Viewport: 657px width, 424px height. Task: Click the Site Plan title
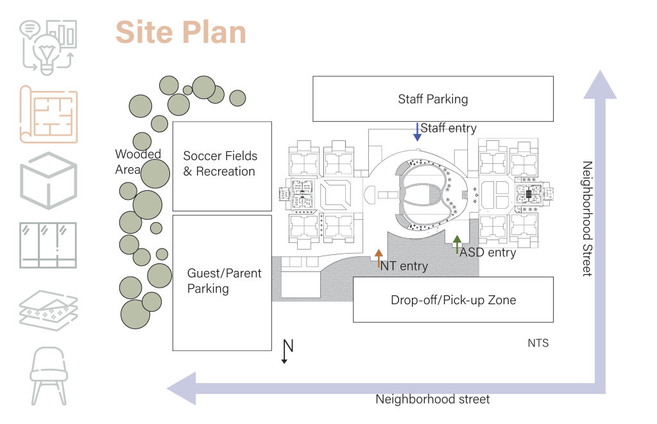[x=181, y=33]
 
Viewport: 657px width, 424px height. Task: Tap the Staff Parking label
[x=433, y=99]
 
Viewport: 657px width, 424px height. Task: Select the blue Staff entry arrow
[x=417, y=132]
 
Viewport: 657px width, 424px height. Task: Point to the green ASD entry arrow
[x=457, y=245]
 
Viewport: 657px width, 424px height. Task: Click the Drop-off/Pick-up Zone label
[x=453, y=300]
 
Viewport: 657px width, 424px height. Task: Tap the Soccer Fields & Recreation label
[x=220, y=163]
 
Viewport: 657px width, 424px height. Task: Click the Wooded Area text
[x=137, y=161]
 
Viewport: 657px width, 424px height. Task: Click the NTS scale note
[x=538, y=343]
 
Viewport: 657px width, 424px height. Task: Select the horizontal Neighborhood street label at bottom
[x=432, y=400]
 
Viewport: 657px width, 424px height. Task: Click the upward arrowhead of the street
[x=600, y=85]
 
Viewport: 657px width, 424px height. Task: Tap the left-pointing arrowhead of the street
[x=182, y=388]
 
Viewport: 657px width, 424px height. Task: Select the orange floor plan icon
[x=49, y=114]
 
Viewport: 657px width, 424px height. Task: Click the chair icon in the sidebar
[x=49, y=376]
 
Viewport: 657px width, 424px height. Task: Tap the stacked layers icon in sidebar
[x=49, y=308]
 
